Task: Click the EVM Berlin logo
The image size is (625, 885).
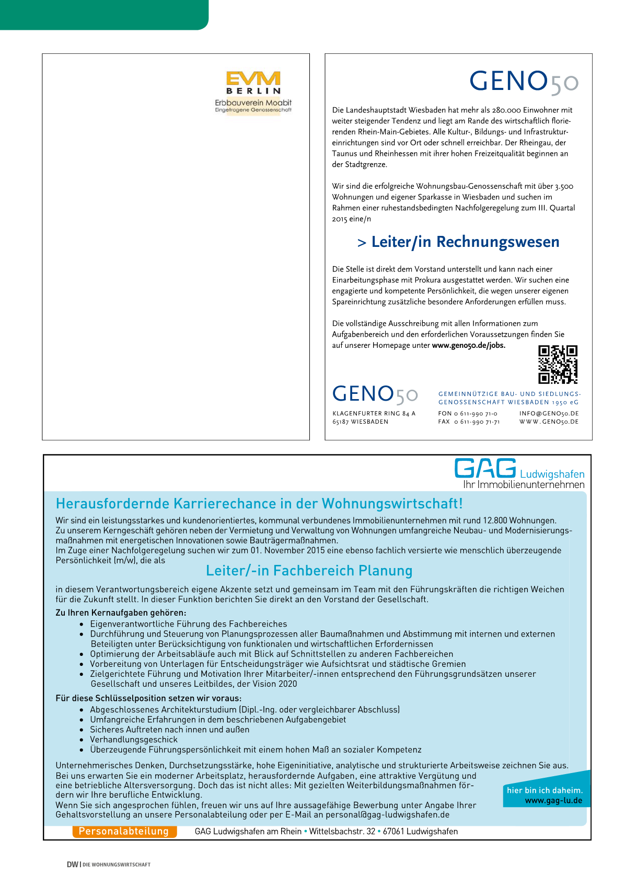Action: (x=253, y=92)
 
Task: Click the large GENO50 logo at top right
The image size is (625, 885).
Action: (x=524, y=82)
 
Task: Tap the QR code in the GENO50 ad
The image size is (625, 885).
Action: (x=558, y=365)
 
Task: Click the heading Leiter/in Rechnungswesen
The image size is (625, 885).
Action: (x=458, y=242)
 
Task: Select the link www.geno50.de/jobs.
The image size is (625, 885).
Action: (x=468, y=345)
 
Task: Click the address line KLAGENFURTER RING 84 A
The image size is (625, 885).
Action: (x=374, y=413)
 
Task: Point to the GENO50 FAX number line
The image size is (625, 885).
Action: (x=469, y=422)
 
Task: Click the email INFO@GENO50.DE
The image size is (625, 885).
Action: (x=549, y=413)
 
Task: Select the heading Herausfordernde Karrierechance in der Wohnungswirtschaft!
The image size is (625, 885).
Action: (x=259, y=504)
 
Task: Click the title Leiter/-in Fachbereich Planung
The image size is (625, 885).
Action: (x=309, y=571)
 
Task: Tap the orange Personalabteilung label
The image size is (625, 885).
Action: (x=124, y=831)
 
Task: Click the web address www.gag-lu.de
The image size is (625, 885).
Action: (x=553, y=800)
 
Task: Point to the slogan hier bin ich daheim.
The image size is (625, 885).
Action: (x=545, y=790)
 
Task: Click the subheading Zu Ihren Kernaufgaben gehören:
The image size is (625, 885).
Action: (x=121, y=612)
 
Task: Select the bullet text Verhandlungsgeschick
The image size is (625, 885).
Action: (x=134, y=740)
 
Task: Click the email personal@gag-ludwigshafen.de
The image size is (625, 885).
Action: (x=387, y=814)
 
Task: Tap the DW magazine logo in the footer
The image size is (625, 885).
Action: (x=72, y=865)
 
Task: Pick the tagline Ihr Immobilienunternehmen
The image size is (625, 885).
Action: (x=524, y=485)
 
